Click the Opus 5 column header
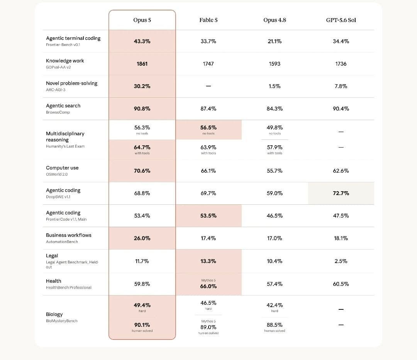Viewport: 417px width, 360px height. pyautogui.click(x=142, y=20)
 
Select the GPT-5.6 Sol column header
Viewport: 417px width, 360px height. pyautogui.click(x=341, y=20)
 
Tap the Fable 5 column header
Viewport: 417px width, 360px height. pyautogui.click(x=208, y=20)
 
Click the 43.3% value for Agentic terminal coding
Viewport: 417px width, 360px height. pyautogui.click(x=142, y=41)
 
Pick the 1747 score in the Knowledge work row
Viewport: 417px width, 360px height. pyautogui.click(x=208, y=64)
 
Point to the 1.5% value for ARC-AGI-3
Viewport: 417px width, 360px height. pyautogui.click(x=275, y=86)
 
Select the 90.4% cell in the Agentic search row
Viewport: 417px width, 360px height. pyautogui.click(x=341, y=109)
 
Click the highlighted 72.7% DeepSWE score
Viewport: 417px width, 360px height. pyautogui.click(x=341, y=193)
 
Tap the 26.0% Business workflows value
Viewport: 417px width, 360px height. pyautogui.click(x=142, y=238)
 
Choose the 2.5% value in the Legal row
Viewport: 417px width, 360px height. pyautogui.click(x=341, y=261)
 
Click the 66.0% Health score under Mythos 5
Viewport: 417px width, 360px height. pyautogui.click(x=208, y=286)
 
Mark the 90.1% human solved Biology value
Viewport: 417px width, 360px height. pyautogui.click(x=142, y=325)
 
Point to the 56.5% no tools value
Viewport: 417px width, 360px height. pyautogui.click(x=208, y=127)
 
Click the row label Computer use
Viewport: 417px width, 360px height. pyautogui.click(x=62, y=168)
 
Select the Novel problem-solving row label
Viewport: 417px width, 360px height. pyautogui.click(x=71, y=83)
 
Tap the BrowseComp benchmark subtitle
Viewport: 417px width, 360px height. pyautogui.click(x=58, y=112)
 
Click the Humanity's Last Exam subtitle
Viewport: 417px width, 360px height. pyautogui.click(x=65, y=146)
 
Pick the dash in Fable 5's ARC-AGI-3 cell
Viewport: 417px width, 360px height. pyautogui.click(x=208, y=86)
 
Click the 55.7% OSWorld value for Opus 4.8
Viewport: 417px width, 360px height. pyautogui.click(x=275, y=171)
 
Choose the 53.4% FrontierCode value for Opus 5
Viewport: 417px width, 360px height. pyautogui.click(x=142, y=216)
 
